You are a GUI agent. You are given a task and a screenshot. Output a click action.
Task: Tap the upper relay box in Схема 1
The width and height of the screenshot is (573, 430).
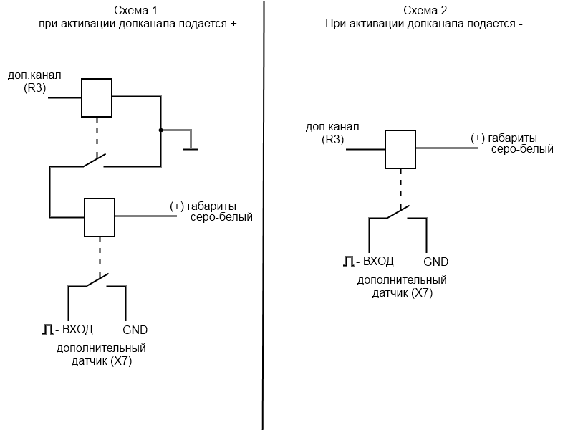pyautogui.click(x=96, y=97)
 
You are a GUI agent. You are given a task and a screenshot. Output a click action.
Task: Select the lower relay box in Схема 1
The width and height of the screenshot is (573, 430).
pyautogui.click(x=100, y=216)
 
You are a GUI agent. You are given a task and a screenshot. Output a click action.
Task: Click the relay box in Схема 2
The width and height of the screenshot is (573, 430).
pyautogui.click(x=400, y=149)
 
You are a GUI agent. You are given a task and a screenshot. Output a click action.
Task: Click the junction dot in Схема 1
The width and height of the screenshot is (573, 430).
pyautogui.click(x=160, y=130)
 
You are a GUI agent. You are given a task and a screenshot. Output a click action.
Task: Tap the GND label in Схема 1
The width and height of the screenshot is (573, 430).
pyautogui.click(x=135, y=330)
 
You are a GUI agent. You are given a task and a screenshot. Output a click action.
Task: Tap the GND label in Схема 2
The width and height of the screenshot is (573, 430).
pyautogui.click(x=436, y=262)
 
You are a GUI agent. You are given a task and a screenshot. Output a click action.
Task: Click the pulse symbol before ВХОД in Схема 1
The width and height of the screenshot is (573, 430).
pyautogui.click(x=47, y=330)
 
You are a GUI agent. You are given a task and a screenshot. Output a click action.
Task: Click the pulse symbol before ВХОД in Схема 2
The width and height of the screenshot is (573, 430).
pyautogui.click(x=347, y=262)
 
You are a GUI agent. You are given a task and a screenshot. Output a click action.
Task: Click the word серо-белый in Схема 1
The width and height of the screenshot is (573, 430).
pyautogui.click(x=221, y=218)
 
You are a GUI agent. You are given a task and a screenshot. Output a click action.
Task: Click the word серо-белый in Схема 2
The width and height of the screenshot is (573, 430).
pyautogui.click(x=521, y=150)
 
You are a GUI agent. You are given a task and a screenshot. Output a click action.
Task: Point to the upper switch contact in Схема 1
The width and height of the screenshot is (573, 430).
pyautogui.click(x=94, y=161)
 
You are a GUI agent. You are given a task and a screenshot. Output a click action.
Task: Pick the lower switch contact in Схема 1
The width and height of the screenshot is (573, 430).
pyautogui.click(x=97, y=281)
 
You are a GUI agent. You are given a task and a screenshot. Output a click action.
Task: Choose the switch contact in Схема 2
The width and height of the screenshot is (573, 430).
pyautogui.click(x=398, y=213)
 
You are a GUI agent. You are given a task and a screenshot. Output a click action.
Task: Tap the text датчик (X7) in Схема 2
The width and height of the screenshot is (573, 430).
pyautogui.click(x=402, y=292)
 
